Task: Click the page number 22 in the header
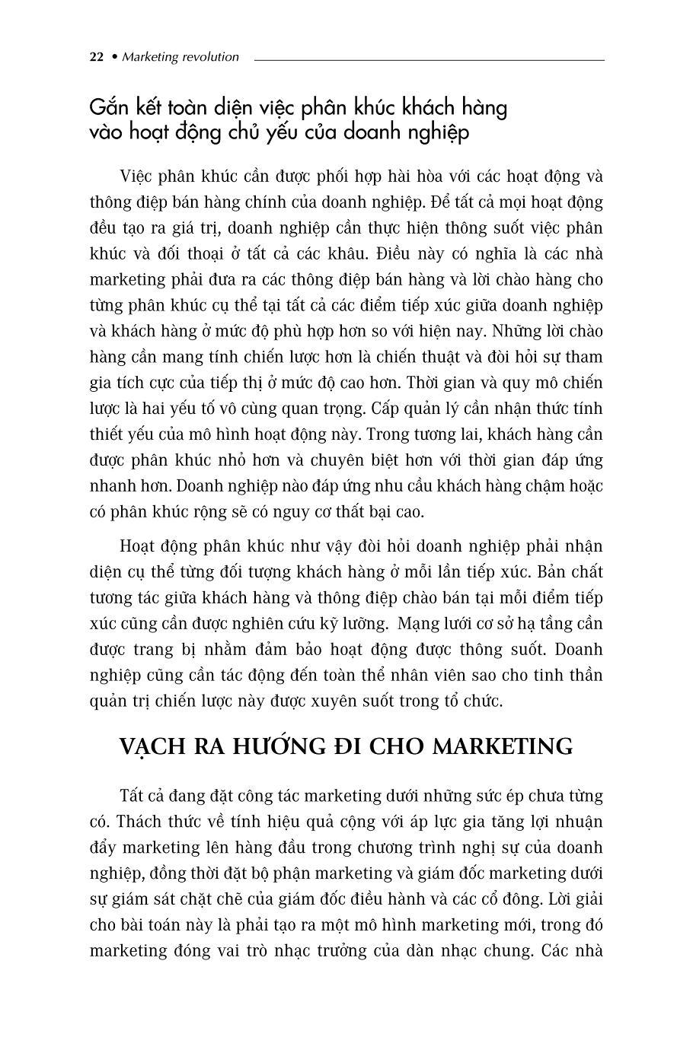(x=97, y=57)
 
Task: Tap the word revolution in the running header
(x=209, y=57)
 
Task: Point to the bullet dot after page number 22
(x=114, y=57)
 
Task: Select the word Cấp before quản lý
(x=386, y=409)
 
